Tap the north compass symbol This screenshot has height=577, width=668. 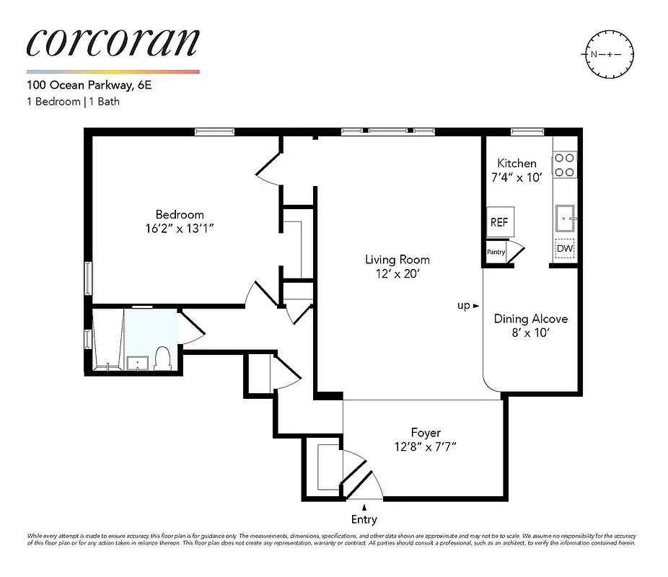pos(607,54)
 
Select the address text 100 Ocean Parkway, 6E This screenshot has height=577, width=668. pos(89,85)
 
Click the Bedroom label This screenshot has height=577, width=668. pos(180,214)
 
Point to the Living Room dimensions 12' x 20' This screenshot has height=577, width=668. pos(397,273)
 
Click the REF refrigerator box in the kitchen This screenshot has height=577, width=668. pos(498,222)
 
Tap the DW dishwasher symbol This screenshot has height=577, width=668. pos(565,249)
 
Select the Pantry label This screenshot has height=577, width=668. pos(496,252)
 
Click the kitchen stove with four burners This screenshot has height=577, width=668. pos(564,164)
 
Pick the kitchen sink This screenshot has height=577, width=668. pos(564,215)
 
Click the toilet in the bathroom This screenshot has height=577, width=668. pos(162,358)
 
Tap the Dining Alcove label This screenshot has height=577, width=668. pos(530,319)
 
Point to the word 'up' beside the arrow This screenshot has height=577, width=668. pos(463,305)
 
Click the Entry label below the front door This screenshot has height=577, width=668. pos(364,519)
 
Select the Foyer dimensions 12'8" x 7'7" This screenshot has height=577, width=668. pos(426,446)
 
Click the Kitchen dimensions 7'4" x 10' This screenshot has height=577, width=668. pos(517,177)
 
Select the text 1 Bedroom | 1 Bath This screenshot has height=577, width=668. pos(73,102)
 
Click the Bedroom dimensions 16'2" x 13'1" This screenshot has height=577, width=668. pos(180,228)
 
